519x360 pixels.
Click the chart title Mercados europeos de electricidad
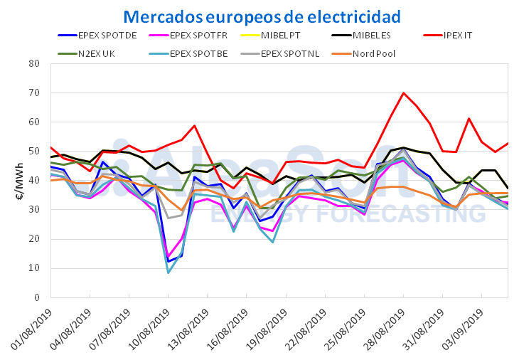coord(262,16)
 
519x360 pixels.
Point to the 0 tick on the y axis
coord(36,297)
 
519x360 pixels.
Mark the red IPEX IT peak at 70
coord(403,92)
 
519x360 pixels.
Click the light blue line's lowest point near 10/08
coord(168,272)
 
